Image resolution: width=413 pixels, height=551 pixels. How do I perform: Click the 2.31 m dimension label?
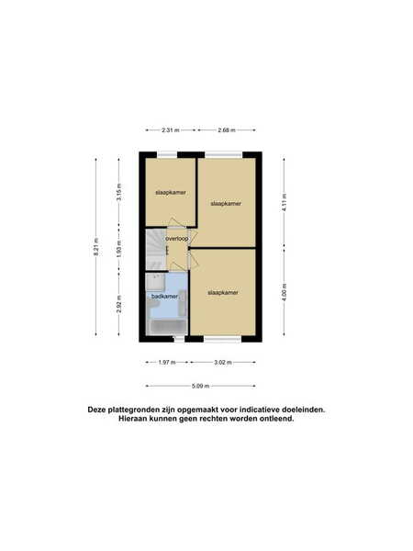[171, 130]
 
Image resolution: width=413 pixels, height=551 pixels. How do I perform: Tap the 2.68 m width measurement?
[227, 130]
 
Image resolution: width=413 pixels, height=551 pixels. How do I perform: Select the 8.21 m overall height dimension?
[96, 247]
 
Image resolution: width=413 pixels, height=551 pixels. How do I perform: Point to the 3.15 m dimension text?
[119, 192]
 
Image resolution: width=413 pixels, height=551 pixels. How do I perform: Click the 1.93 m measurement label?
[119, 248]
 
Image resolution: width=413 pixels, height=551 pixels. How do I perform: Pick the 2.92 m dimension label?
[119, 304]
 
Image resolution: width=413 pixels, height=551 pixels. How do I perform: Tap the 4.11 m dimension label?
[285, 201]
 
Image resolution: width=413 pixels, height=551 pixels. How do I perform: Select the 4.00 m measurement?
[285, 292]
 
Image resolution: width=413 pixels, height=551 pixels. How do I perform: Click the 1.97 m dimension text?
[167, 363]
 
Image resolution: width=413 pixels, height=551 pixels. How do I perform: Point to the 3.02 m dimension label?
[223, 363]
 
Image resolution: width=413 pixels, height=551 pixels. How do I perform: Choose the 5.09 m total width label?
[200, 386]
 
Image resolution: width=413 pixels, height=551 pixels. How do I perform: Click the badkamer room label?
[164, 297]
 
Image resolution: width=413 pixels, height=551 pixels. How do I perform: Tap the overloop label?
[177, 239]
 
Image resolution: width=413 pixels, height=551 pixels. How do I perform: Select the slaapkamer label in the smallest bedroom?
[171, 193]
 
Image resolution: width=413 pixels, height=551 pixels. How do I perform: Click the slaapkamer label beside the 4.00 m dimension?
[223, 292]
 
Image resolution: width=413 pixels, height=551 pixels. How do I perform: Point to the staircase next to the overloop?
[156, 250]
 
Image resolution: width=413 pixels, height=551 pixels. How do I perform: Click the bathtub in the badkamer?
[167, 327]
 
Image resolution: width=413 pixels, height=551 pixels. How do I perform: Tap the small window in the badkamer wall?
[179, 339]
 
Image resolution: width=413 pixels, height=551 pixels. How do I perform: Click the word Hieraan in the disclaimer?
[132, 419]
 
